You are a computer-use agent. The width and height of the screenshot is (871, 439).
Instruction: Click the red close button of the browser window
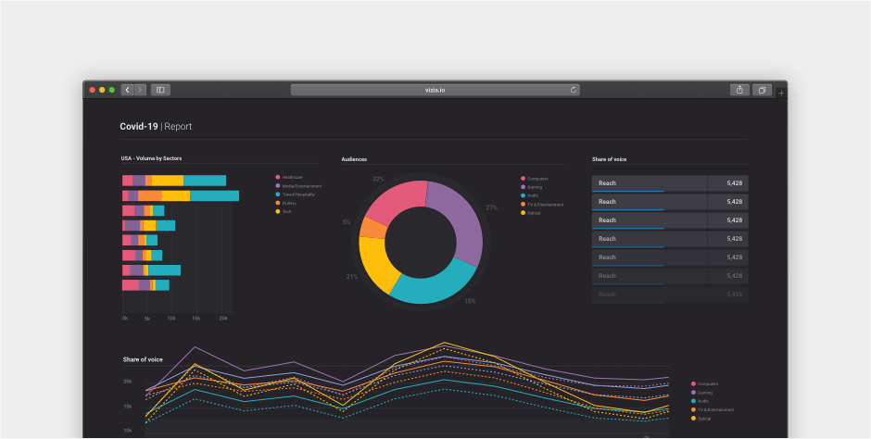(x=93, y=90)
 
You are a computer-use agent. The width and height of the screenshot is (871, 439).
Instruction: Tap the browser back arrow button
(x=128, y=90)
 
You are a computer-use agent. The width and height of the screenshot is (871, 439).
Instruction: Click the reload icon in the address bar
(x=574, y=90)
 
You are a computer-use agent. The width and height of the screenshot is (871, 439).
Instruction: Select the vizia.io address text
(x=435, y=90)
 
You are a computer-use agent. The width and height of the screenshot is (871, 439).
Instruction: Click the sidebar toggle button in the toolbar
(x=160, y=90)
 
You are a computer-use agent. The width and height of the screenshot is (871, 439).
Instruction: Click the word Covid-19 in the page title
(x=139, y=126)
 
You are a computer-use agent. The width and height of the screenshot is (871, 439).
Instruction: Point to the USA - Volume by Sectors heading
(x=151, y=158)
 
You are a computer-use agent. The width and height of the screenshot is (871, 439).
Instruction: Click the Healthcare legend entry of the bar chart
(x=293, y=177)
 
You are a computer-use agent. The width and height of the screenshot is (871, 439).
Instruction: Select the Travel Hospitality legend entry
(x=301, y=194)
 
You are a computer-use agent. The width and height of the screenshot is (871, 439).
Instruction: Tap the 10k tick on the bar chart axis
(x=171, y=318)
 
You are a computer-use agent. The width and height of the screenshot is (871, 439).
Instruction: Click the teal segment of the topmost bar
(x=205, y=181)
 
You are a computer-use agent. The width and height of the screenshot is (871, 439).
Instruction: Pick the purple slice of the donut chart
(x=459, y=222)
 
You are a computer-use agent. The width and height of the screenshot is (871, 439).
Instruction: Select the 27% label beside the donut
(x=491, y=207)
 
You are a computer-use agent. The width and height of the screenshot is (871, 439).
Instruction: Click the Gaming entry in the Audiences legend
(x=535, y=186)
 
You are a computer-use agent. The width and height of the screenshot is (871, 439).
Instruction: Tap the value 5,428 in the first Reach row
(x=734, y=183)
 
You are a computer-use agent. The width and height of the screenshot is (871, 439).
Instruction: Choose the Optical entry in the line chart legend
(x=704, y=419)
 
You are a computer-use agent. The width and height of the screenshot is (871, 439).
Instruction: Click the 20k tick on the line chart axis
(x=127, y=382)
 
